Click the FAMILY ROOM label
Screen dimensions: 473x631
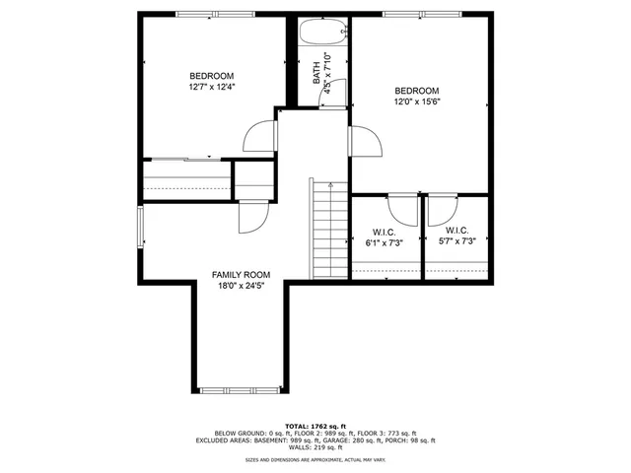click(242, 275)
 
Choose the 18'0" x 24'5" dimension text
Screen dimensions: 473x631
click(242, 287)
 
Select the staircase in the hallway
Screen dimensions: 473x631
click(330, 232)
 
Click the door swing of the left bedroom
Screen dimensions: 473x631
click(258, 136)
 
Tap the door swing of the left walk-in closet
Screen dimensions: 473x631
click(402, 209)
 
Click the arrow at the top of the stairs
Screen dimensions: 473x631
click(330, 185)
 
